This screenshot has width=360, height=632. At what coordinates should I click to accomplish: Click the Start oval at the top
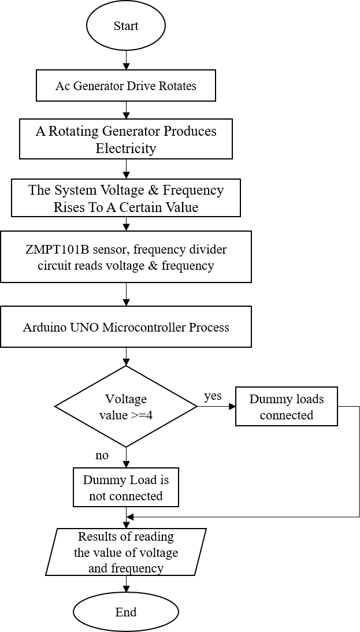pos(126,26)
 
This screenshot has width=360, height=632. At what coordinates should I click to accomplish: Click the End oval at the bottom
pos(126,612)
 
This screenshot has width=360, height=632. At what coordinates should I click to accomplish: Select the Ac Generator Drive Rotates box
pos(126,86)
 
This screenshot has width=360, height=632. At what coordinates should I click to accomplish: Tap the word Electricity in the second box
pos(126,148)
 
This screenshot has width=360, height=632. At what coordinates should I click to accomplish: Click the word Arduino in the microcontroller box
pos(44,328)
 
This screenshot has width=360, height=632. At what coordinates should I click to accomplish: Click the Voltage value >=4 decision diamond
pos(126,406)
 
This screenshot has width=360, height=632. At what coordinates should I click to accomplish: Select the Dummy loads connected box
pos(287,407)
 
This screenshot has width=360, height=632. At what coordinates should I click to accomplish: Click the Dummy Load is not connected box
pos(126,488)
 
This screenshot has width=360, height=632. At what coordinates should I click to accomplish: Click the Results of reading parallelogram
pos(126,552)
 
